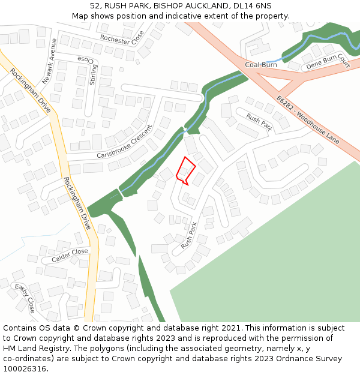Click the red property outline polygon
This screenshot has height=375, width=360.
pyautogui.click(x=185, y=170)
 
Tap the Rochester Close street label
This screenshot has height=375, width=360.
pyautogui.click(x=122, y=38)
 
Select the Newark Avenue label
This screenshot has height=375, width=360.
pyautogui.click(x=49, y=61)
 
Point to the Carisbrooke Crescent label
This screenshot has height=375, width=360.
pyautogui.click(x=125, y=142)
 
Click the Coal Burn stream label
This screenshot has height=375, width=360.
pyautogui.click(x=261, y=64)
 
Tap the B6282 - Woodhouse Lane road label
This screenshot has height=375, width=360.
pyautogui.click(x=308, y=122)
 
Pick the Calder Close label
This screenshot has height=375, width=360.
pyautogui.click(x=70, y=256)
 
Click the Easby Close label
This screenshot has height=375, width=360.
pyautogui.click(x=25, y=298)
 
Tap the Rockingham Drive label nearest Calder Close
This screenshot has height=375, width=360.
pyautogui.click(x=77, y=204)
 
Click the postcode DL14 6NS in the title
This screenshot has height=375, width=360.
pyautogui.click(x=254, y=5)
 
